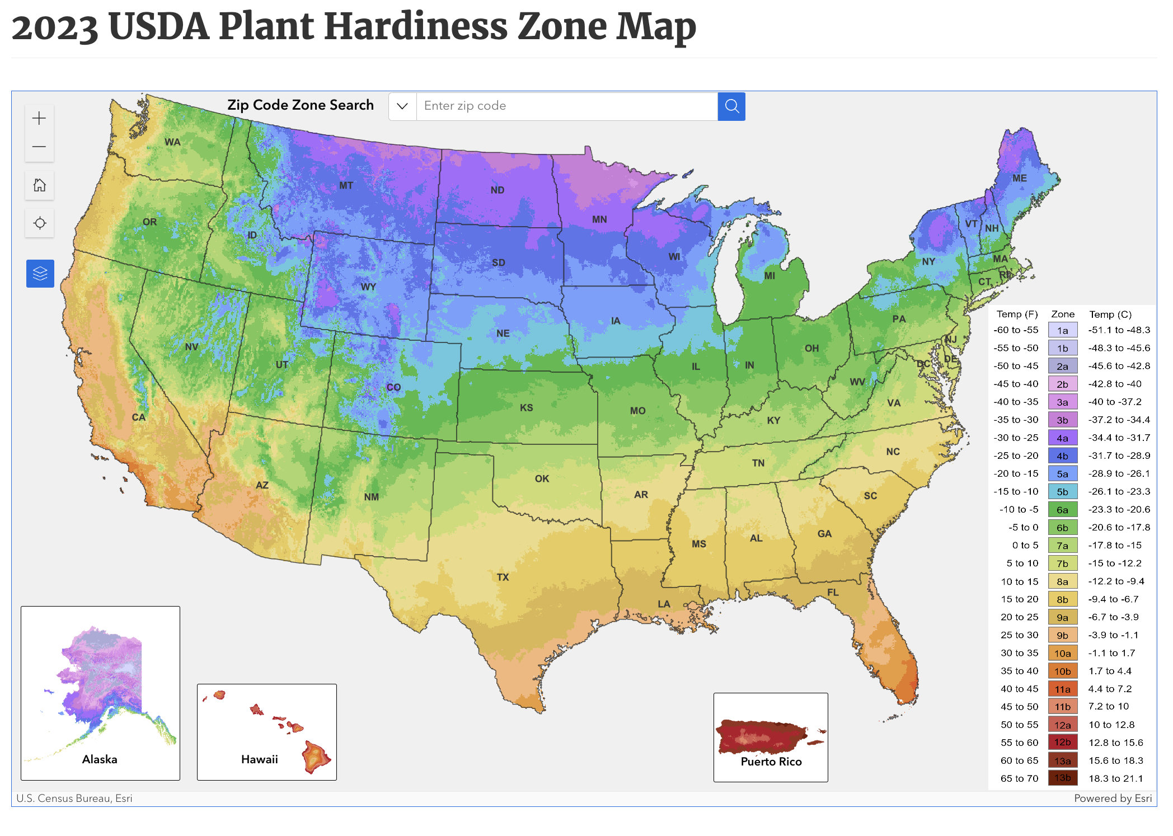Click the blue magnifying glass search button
point(731,106)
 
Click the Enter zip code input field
point(566,106)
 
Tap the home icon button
point(39,185)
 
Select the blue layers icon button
point(40,274)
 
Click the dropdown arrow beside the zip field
point(402,106)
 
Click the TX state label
point(503,577)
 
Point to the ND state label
point(497,190)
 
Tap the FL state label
point(833,593)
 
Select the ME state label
point(1019,179)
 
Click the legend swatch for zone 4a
point(1062,438)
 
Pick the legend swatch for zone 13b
point(1062,778)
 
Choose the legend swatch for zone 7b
point(1062,563)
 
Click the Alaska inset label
point(100,759)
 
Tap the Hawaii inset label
point(259,759)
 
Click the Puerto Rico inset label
point(771,762)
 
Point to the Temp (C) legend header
point(1110,314)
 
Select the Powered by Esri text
point(1112,798)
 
